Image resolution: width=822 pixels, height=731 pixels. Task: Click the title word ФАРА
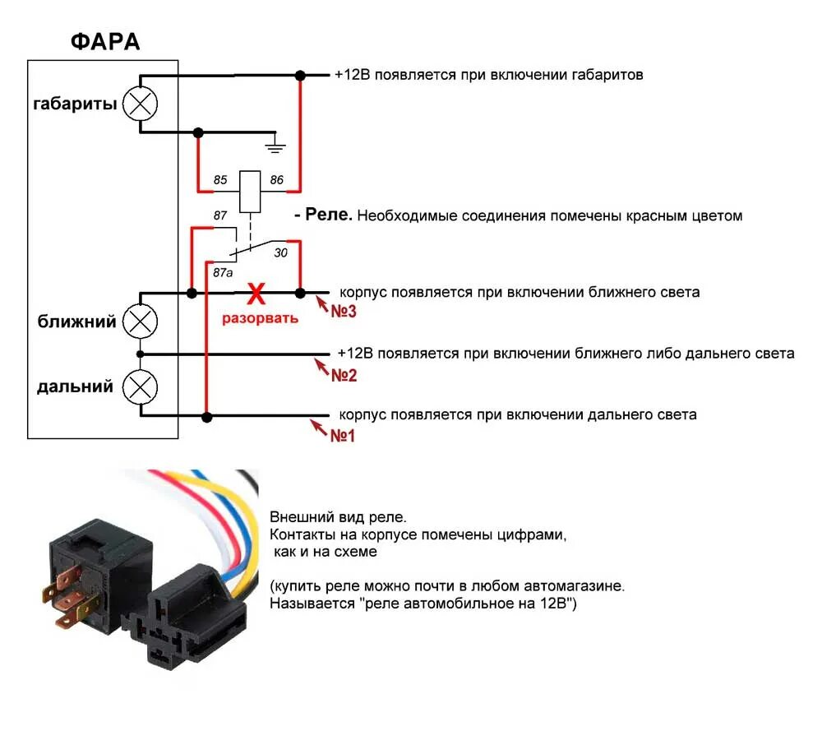click(x=104, y=43)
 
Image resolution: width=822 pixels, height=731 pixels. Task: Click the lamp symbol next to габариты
click(x=141, y=104)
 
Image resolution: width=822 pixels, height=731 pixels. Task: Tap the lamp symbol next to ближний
click(x=141, y=322)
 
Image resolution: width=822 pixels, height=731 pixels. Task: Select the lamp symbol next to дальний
click(x=141, y=385)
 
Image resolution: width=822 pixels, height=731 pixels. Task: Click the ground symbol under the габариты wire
click(x=276, y=147)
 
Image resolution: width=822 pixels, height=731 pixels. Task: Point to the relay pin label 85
click(x=219, y=178)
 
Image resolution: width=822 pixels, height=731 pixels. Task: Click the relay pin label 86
click(x=277, y=178)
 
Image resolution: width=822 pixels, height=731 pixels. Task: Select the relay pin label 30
click(x=280, y=254)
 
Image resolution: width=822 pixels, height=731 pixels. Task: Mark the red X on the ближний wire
click(x=256, y=292)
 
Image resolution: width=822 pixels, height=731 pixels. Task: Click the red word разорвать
click(x=261, y=317)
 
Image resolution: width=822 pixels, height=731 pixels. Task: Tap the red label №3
click(x=344, y=312)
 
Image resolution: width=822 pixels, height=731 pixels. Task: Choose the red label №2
click(x=344, y=375)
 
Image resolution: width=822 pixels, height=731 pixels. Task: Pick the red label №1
click(x=342, y=436)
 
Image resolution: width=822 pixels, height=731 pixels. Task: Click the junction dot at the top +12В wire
click(x=300, y=75)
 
